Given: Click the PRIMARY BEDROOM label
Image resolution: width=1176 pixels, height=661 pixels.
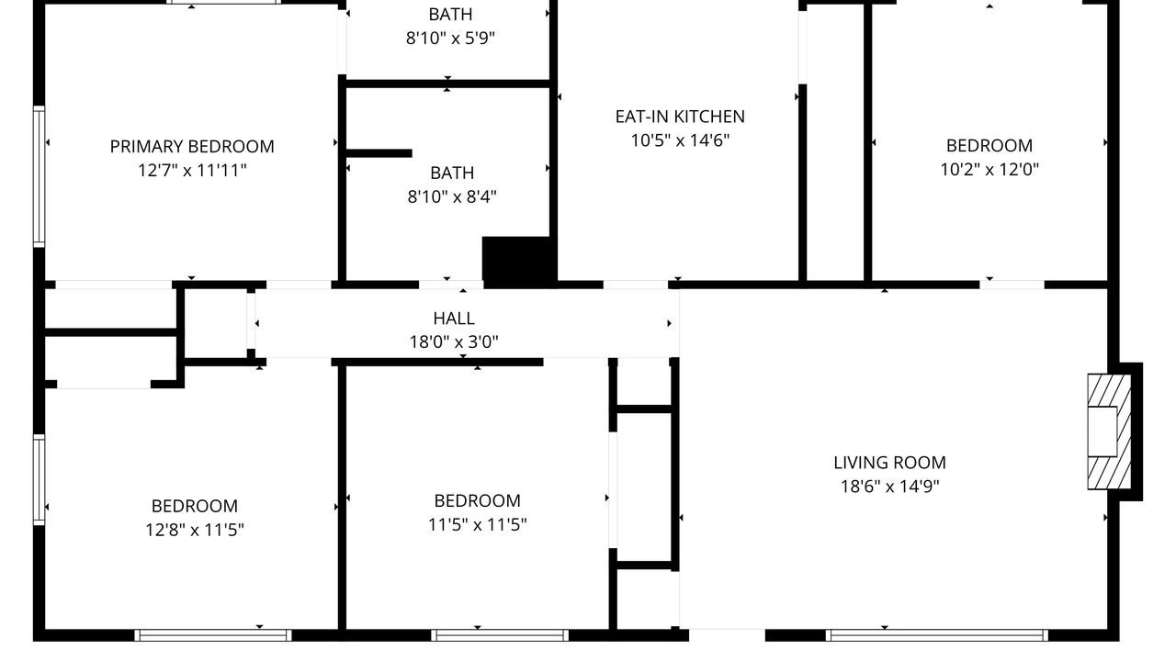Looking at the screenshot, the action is point(192,146).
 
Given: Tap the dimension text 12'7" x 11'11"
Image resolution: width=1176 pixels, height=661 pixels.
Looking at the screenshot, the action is point(192,171).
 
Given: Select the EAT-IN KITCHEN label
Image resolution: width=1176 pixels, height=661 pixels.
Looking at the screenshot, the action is point(680,117).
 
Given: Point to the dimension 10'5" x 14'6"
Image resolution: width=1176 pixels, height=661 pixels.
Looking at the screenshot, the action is point(680,140).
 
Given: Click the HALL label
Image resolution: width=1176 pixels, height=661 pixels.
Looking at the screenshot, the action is point(454,319).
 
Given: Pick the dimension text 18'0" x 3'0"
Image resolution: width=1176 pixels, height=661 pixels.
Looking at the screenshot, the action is point(454,342).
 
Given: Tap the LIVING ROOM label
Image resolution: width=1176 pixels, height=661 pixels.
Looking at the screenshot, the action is point(889,463).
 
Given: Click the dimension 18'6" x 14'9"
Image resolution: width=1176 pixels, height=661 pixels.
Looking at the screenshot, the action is point(889,487).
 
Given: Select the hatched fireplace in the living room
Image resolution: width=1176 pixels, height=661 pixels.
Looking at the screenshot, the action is point(1109,431).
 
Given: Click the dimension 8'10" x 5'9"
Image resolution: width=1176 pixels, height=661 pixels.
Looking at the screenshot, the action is point(450,39).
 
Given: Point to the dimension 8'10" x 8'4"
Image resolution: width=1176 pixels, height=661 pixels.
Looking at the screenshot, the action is point(452,196).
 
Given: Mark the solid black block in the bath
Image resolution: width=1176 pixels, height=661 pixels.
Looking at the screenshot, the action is point(519,263).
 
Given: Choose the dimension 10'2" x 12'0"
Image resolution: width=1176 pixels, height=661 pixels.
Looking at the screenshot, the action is point(989,170).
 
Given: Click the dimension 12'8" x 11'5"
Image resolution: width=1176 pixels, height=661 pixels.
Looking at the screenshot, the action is point(194,530).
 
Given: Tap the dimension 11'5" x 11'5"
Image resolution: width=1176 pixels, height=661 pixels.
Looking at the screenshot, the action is point(477,524).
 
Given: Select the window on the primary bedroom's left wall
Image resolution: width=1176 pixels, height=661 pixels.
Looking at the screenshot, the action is point(39,176).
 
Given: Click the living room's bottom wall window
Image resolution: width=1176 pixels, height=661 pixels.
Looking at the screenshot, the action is point(936,635).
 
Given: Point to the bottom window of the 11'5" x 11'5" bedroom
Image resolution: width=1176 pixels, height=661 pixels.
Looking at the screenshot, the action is point(500,635).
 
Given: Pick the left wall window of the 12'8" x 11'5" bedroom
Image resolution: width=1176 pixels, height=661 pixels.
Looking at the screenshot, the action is point(39,479).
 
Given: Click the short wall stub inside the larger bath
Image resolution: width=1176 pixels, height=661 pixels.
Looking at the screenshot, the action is point(379,153).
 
